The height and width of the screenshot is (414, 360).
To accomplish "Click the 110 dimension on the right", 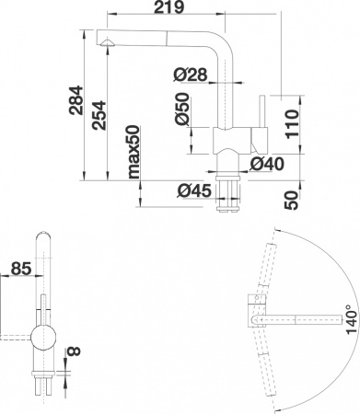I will (x=292, y=121).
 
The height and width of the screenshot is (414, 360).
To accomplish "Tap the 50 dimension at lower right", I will (x=292, y=199).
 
